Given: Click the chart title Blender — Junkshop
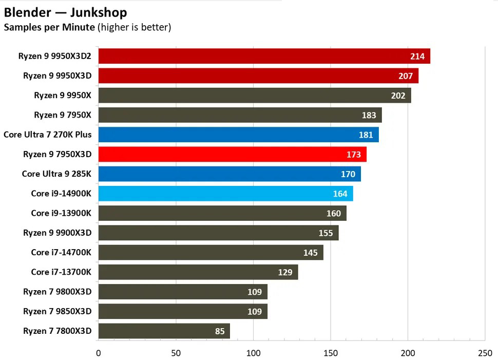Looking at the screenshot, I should (x=65, y=12).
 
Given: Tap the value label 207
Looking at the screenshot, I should (x=405, y=76).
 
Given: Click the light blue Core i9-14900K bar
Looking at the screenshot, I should (x=225, y=194).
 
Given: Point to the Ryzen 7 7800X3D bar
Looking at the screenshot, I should (x=164, y=331).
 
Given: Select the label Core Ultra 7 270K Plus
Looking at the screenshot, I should (x=47, y=135).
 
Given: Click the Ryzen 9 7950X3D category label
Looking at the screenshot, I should (x=57, y=154).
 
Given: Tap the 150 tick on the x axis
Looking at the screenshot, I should (x=331, y=353).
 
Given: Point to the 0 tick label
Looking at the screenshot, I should (x=98, y=353).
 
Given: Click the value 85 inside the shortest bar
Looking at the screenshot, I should (x=220, y=331).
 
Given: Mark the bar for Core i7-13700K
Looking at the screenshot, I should (x=198, y=272).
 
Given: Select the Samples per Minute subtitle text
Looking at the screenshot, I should (x=49, y=27).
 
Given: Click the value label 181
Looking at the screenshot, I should (x=366, y=135).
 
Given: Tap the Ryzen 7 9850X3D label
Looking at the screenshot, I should (x=57, y=311).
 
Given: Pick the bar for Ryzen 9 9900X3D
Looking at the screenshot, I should (x=218, y=233).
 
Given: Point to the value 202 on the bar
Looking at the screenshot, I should (x=398, y=96).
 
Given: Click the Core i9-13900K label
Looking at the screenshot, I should (x=61, y=213).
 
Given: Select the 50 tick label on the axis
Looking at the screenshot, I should (x=176, y=353).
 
